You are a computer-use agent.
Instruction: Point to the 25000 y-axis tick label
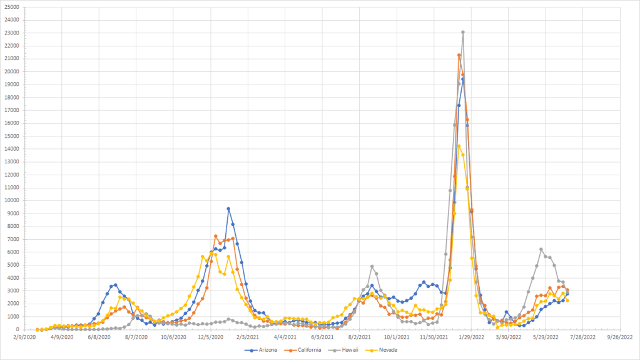point(12,7)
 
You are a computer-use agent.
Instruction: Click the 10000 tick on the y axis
point(12,200)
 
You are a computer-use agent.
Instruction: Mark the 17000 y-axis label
point(12,110)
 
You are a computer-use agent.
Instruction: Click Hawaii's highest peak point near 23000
point(463,32)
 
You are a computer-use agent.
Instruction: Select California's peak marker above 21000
point(459,55)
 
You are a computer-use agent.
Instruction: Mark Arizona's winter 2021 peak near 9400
point(228,208)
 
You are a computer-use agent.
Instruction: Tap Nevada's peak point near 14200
point(459,147)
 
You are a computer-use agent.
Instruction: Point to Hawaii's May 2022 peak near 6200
point(541,249)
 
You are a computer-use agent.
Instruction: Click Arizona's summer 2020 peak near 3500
point(115,285)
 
